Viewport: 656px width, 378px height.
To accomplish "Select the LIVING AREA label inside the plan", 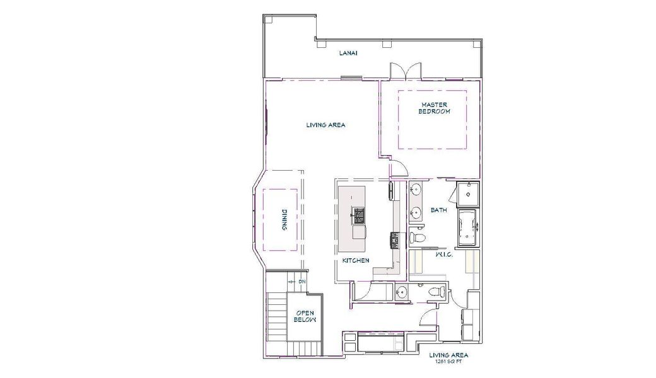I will coord(325,125).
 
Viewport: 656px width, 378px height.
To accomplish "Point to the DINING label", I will coord(286,221).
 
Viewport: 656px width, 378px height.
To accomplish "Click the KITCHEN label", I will coord(356,260).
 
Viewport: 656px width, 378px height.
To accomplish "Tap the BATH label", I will coord(438,210).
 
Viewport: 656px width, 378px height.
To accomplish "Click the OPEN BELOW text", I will coord(305,316).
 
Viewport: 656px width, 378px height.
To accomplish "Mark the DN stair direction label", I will coord(302,282).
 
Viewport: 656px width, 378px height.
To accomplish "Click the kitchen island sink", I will coord(358,215).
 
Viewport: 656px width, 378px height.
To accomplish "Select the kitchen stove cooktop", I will coord(394,240).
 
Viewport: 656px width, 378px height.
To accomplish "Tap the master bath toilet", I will coord(418,238).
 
